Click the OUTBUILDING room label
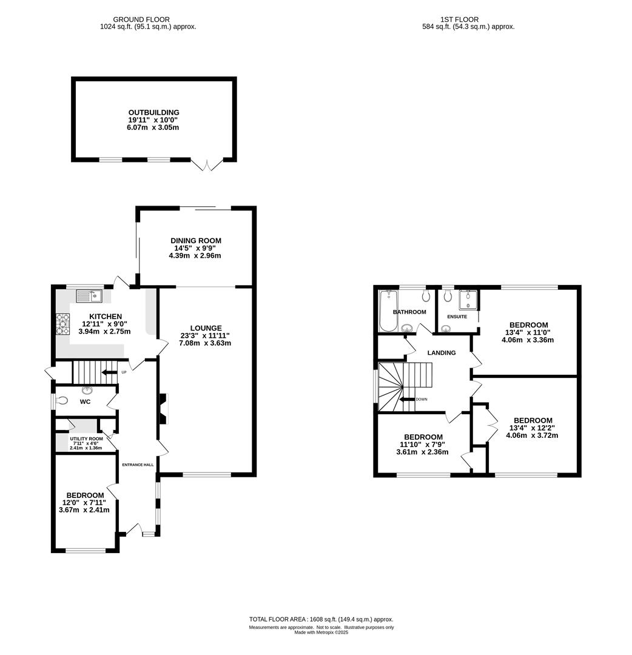pos(153,112)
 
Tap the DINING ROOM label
pos(195,241)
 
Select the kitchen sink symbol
pos(89,296)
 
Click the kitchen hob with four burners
pos(62,324)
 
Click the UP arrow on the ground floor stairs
pos(109,372)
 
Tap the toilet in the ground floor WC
pos(61,401)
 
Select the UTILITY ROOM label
pos(87,438)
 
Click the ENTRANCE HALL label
pos(138,465)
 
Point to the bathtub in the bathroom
pos(388,311)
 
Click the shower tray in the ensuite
pos(468,300)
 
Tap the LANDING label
pos(442,353)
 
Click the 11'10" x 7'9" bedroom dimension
pos(422,445)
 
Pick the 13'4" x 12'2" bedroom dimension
pos(532,428)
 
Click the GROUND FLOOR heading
pos(141,19)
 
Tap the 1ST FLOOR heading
pos(460,19)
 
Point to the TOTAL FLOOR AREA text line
pos(321,619)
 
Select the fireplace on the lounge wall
pos(163,409)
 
